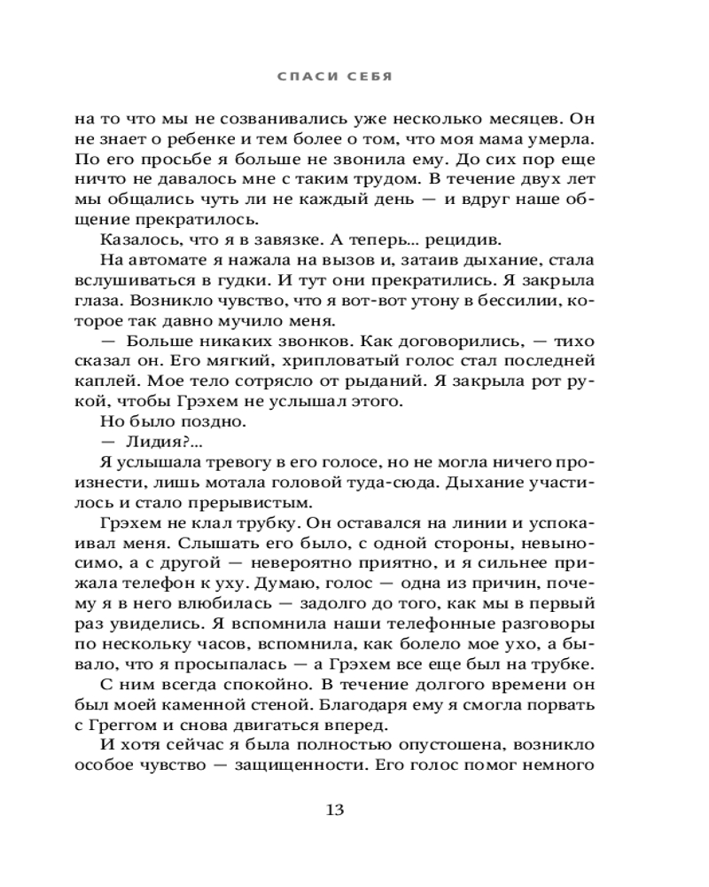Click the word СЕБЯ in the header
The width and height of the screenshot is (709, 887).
370,77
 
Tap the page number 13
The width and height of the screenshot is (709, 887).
336,809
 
